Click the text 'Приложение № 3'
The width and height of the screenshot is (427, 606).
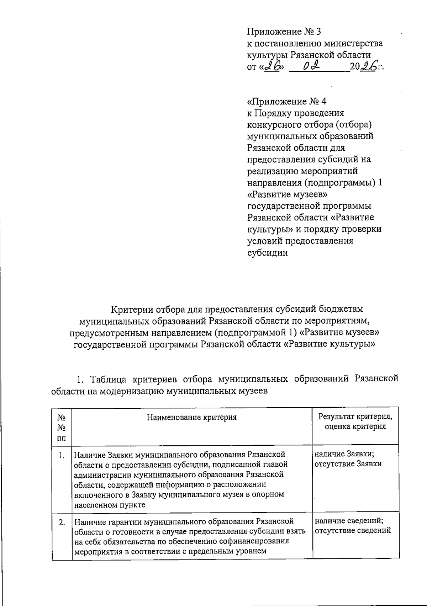click(x=284, y=32)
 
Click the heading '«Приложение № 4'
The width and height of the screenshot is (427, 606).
click(x=286, y=102)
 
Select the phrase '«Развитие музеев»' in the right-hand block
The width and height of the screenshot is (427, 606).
click(x=287, y=194)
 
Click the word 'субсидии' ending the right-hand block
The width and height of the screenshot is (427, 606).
click(x=267, y=253)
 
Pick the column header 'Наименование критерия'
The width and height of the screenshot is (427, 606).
click(x=191, y=417)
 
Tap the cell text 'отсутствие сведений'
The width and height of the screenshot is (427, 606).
click(x=353, y=531)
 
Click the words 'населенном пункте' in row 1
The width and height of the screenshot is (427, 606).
click(x=110, y=504)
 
